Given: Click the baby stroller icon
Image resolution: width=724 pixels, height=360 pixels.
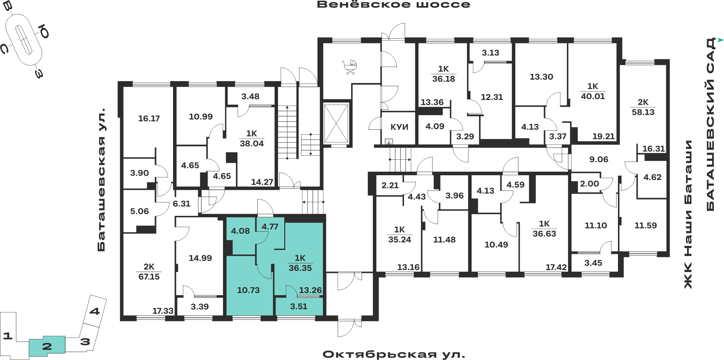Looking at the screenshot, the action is pos(350,67).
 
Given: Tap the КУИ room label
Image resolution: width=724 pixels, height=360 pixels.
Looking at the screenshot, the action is pos(399,127).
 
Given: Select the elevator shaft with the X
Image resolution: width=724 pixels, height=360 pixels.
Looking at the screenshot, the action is pos(336,124).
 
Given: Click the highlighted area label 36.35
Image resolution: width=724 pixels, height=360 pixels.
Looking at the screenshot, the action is pos(300,268).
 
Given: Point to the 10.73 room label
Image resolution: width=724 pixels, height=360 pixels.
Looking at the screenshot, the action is pos(248,290).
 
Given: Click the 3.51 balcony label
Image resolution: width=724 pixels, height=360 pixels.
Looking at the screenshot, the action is pos(299,306).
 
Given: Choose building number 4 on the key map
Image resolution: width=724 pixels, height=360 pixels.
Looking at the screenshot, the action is pos(94,311).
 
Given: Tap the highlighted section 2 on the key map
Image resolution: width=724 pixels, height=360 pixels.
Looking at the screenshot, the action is pos(47,346).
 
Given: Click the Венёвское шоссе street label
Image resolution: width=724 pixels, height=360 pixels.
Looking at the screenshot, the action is pos(393,4).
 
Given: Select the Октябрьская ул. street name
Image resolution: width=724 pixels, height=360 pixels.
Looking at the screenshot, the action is pos(394,354).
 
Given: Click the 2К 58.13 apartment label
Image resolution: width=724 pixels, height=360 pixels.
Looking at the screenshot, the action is pos(643,107).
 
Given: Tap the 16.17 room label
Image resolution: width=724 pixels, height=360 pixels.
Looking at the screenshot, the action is pos(149,118).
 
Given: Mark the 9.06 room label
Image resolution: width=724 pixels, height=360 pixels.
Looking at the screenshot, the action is pos(599,159).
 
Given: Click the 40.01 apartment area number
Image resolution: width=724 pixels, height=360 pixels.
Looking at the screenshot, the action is pos(593,96).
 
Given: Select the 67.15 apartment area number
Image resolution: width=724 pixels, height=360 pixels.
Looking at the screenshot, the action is pos(149,277).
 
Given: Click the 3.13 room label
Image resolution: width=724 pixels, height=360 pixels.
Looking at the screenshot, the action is pos(491,53).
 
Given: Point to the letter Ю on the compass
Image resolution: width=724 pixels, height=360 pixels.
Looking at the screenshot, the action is pos(44,31).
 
